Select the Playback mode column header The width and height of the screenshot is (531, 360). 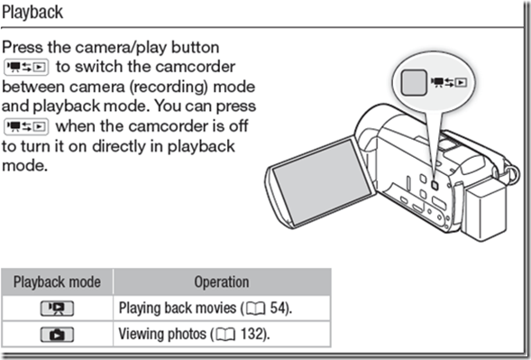57,282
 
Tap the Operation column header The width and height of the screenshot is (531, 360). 222,282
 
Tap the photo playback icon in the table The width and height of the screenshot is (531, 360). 57,334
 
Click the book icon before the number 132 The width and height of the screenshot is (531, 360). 222,334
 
